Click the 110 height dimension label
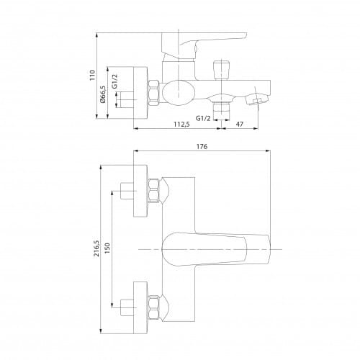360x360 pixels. click(x=92, y=75)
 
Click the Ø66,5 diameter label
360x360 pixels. click(x=102, y=94)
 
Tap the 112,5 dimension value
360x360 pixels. click(x=181, y=124)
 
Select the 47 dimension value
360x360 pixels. click(x=239, y=124)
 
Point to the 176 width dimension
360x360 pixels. click(x=202, y=146)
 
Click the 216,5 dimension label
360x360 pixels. click(x=96, y=248)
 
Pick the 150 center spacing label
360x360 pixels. click(x=107, y=248)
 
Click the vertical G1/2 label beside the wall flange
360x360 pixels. click(x=115, y=81)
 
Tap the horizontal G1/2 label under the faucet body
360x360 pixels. click(x=203, y=118)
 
